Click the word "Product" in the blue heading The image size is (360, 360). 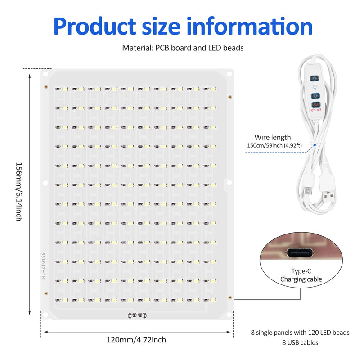tap(95, 27)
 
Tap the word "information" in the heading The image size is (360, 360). tap(250, 26)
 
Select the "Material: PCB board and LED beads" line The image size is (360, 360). tap(183, 48)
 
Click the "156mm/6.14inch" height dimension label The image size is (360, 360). tap(19, 192)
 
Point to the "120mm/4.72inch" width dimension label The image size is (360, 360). tap(136, 340)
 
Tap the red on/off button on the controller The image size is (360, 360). tap(316, 104)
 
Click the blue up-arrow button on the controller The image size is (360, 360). tap(315, 78)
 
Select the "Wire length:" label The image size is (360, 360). tap(274, 137)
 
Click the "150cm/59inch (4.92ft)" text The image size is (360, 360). tap(274, 145)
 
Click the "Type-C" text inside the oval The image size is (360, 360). tap(301, 271)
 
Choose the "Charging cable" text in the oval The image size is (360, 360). tap(301, 279)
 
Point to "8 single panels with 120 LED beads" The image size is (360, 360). tap(300, 333)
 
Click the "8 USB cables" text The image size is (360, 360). tap(300, 342)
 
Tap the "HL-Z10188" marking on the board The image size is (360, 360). tap(43, 265)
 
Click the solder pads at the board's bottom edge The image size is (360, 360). tap(137, 315)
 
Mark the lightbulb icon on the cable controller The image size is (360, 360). tap(315, 87)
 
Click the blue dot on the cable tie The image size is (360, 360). tap(315, 145)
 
